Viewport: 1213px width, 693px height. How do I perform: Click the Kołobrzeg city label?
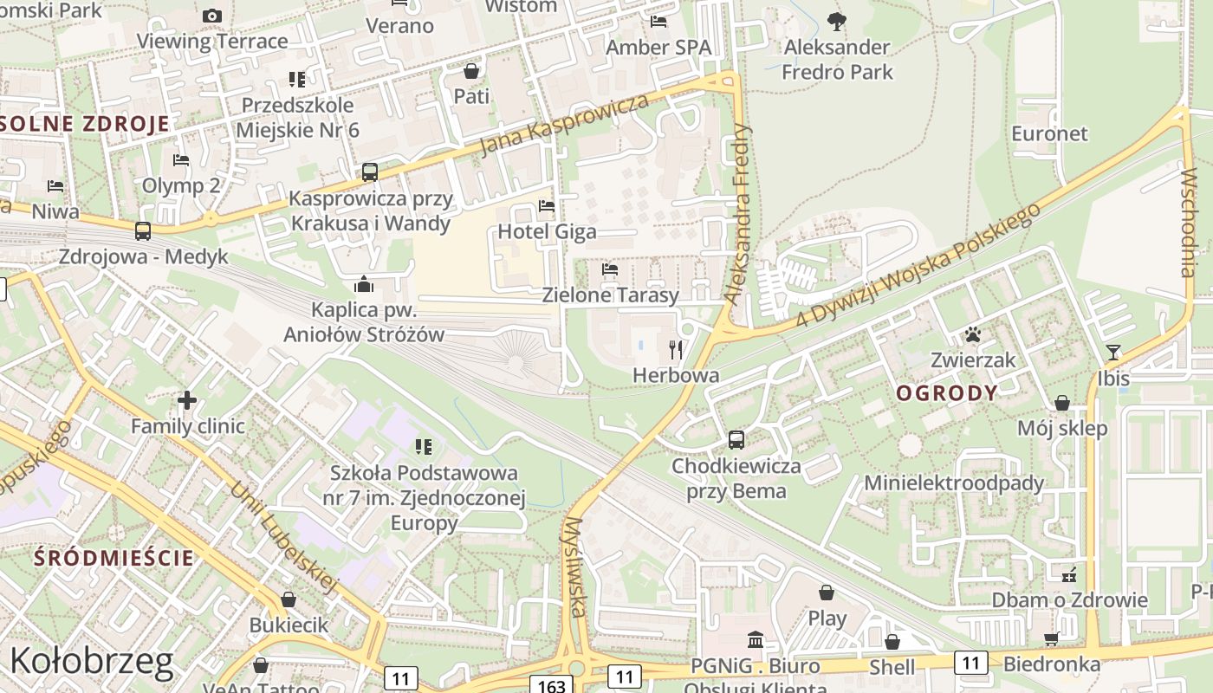(91, 661)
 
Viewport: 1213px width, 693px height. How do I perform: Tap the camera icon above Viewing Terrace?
(212, 16)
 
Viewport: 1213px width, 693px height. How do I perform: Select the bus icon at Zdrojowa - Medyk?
(143, 231)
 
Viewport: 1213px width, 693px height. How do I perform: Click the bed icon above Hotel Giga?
(547, 206)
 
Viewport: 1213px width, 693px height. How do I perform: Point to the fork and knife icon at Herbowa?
(676, 350)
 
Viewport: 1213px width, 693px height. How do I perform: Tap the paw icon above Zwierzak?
(972, 334)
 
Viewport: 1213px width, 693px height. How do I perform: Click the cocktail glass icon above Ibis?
(1113, 353)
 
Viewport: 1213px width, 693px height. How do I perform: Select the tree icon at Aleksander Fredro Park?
(836, 21)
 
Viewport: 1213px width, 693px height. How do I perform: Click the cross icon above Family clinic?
(187, 400)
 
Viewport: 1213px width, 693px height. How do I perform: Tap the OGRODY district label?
(947, 393)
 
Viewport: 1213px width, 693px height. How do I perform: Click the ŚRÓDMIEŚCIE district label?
(114, 557)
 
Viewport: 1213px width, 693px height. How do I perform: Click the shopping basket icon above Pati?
(471, 70)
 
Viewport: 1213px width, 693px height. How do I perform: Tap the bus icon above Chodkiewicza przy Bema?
(736, 440)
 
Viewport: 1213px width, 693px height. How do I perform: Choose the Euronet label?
(1049, 133)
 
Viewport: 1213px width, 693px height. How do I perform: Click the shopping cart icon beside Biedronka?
(1052, 639)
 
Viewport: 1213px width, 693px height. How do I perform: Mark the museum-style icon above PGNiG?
(755, 640)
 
